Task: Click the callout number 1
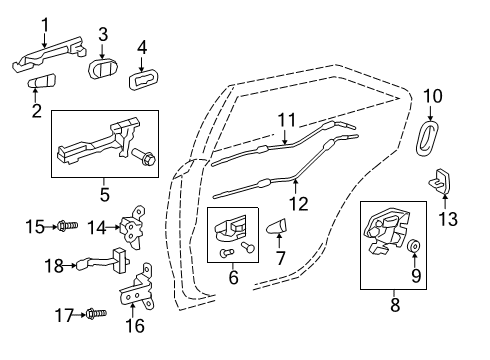coord(45,26)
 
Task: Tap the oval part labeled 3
coord(103,69)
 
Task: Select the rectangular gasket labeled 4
coord(144,79)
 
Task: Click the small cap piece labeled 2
coord(41,80)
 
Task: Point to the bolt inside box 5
coord(145,157)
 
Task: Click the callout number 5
coord(104,194)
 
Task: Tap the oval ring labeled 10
coord(427,138)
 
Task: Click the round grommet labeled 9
coord(414,246)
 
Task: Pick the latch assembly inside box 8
coord(387,230)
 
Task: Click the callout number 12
coord(299,204)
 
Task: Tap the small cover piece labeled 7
coord(277,226)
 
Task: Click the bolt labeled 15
coord(68,226)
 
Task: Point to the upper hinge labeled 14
coord(133,227)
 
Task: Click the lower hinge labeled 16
coord(137,288)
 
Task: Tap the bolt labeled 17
coord(96,314)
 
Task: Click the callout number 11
coord(287,120)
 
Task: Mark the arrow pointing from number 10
coord(430,113)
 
